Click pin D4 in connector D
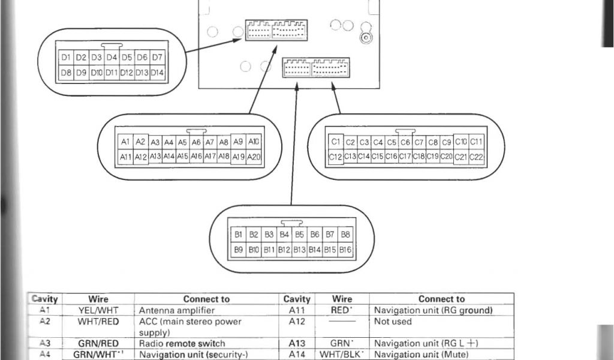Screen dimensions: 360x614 (x=112, y=58)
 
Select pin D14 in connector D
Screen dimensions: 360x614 (x=157, y=73)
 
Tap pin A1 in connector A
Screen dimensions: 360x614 (x=125, y=142)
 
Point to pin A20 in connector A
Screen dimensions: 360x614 (x=254, y=157)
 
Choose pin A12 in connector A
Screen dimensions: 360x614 (x=140, y=157)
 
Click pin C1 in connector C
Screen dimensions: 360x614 (x=335, y=142)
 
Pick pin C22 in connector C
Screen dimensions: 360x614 (x=477, y=157)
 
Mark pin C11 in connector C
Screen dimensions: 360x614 (x=477, y=142)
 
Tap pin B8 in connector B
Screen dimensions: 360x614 (x=345, y=234)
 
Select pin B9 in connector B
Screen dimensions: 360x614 (x=239, y=248)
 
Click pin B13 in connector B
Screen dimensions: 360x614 (x=300, y=248)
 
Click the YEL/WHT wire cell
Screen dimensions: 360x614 (x=98, y=310)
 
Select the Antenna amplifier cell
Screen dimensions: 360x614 (x=176, y=310)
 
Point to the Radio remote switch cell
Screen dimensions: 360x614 (x=182, y=343)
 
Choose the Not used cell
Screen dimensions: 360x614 (x=393, y=322)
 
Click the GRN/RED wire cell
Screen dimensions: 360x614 (x=98, y=343)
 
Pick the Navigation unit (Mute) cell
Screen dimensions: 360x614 (x=421, y=355)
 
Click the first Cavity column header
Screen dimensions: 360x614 (x=44, y=299)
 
